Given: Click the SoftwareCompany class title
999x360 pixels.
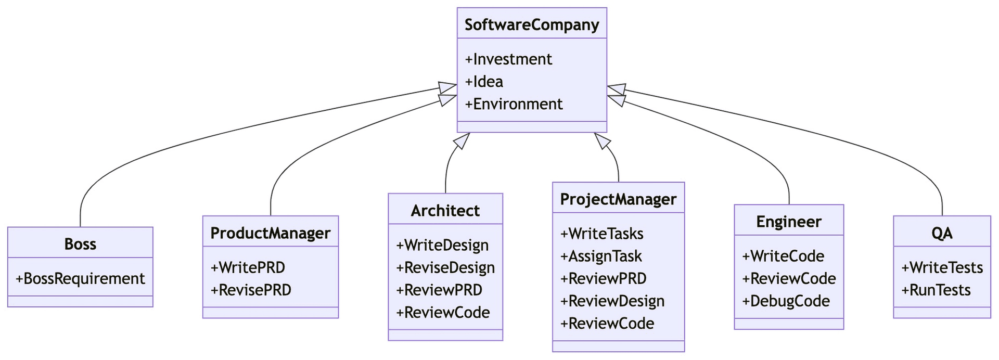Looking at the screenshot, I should [531, 24].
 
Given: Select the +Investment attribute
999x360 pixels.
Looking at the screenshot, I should [508, 59].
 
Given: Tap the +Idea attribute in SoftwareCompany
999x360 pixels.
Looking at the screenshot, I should [484, 82].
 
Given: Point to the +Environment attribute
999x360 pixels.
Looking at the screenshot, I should [514, 104].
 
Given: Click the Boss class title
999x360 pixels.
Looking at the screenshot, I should [80, 244].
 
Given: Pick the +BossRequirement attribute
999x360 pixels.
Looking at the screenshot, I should [80, 279].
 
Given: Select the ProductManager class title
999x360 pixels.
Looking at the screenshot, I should [270, 233].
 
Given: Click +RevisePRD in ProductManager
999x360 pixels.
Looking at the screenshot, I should [251, 290].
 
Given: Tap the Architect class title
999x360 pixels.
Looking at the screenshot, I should [445, 211].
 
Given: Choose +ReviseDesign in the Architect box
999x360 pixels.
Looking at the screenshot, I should [445, 267].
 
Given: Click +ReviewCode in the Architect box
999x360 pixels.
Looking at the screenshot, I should [443, 312].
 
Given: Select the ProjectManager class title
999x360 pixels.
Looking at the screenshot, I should [618, 199].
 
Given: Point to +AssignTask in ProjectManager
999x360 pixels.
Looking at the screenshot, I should [601, 256].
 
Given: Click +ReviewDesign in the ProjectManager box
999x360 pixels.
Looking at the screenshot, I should [612, 301].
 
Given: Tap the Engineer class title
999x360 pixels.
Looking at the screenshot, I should [788, 222].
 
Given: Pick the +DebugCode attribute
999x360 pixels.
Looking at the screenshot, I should [786, 301].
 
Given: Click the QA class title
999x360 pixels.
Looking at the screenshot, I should [942, 233].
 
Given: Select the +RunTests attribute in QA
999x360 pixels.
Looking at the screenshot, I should [936, 290].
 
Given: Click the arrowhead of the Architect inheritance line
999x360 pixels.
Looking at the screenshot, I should [463, 140].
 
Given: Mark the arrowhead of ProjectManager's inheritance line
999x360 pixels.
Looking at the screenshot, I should [601, 140].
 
